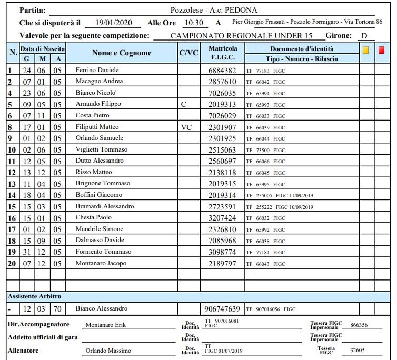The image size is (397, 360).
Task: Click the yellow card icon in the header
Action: pyautogui.click(x=366, y=50)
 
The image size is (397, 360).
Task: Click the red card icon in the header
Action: pyautogui.click(x=381, y=50)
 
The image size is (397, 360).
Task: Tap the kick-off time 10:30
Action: pyautogui.click(x=194, y=23)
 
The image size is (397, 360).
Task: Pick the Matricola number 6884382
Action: pyautogui.click(x=222, y=70)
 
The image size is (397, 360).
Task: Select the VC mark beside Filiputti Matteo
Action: pyautogui.click(x=186, y=127)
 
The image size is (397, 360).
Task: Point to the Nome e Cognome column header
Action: pyautogui.click(x=122, y=53)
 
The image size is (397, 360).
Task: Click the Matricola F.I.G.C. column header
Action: pyautogui.click(x=222, y=53)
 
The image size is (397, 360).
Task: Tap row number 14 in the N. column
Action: pyautogui.click(x=12, y=195)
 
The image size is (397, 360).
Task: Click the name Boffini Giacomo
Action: pyautogui.click(x=99, y=195)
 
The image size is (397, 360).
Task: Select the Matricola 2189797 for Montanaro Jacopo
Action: pyautogui.click(x=222, y=263)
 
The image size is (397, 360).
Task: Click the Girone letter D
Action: pyautogui.click(x=364, y=36)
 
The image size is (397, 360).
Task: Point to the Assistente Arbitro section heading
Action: pyautogui.click(x=34, y=296)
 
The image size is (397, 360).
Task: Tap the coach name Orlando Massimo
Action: pyautogui.click(x=108, y=351)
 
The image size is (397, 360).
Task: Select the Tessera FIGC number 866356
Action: pyautogui.click(x=359, y=325)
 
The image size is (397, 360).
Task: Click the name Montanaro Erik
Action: pyautogui.click(x=106, y=325)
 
